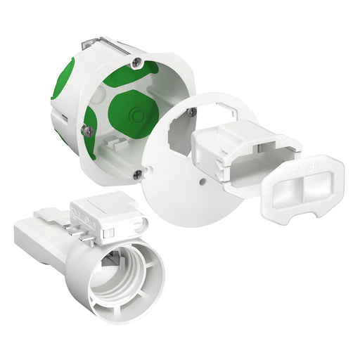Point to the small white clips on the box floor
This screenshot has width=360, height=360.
(112, 148)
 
